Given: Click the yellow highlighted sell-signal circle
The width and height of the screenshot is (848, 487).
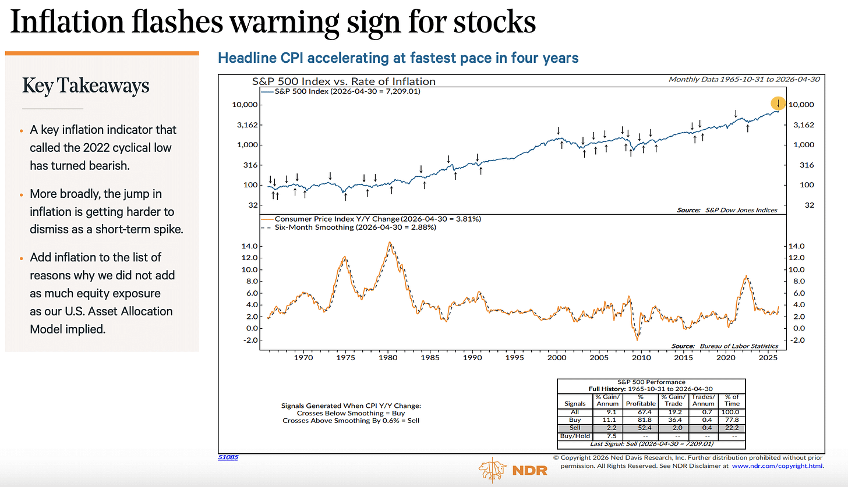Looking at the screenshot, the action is (778, 103).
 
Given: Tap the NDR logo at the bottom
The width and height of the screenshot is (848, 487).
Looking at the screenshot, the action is (513, 470).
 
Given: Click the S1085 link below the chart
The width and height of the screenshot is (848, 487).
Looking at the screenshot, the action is (228, 457).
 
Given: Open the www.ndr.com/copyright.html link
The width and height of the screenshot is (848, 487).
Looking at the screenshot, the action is (777, 466).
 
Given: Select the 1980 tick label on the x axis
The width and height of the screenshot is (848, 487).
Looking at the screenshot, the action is (388, 357).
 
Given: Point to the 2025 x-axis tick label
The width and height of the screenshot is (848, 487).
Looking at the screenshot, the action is (768, 357).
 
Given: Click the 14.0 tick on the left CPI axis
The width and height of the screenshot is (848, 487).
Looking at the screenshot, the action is (249, 246).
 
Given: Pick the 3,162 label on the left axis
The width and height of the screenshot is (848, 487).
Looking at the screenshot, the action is (247, 125).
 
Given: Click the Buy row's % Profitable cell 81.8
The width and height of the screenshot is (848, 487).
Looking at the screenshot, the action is (641, 420).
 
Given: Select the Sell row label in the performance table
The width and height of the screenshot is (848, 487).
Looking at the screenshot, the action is (575, 428).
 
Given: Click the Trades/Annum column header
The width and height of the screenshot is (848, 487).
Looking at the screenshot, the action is (703, 400).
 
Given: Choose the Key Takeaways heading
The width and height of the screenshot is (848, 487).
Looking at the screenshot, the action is (86, 86).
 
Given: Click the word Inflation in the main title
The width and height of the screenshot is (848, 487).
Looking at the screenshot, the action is (67, 22).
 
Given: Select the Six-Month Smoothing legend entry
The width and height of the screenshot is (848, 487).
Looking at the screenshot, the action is (349, 227).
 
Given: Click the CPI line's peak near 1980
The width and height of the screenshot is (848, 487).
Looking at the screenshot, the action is (390, 243).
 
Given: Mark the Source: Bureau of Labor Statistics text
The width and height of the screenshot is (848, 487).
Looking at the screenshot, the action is (725, 346).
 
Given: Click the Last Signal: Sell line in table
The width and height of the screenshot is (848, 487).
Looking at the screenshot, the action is (652, 444).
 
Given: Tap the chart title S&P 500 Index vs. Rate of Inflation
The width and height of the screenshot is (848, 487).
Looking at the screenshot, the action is (344, 81).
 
